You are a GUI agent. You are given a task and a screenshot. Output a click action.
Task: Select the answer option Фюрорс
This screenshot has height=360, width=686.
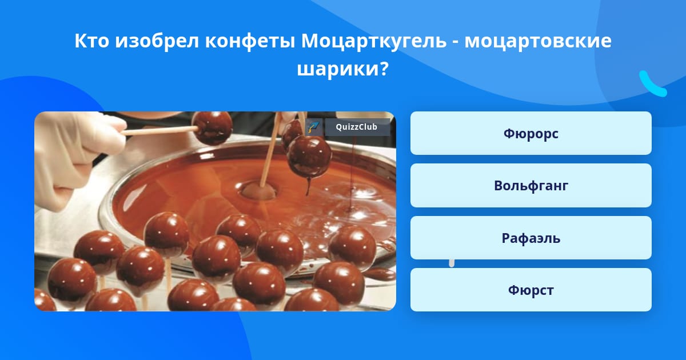tap(531, 133)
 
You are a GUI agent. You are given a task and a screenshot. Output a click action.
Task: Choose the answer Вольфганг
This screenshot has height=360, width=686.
tap(531, 186)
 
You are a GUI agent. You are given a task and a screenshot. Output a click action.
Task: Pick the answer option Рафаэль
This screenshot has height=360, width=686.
tap(531, 238)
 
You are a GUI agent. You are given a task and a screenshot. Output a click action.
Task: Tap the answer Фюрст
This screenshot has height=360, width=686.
tap(531, 290)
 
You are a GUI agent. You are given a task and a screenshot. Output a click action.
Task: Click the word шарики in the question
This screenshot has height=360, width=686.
tap(338, 69)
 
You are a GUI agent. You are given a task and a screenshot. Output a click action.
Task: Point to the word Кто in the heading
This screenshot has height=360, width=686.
tap(91, 41)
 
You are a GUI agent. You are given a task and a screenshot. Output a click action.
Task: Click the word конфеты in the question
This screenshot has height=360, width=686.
tap(250, 41)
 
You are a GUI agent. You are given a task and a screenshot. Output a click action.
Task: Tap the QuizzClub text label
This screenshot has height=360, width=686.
tap(356, 127)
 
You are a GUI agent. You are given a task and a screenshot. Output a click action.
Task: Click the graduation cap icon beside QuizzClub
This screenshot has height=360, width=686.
tap(314, 127)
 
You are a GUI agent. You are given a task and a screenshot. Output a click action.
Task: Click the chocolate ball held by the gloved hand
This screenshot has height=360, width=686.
tap(212, 127)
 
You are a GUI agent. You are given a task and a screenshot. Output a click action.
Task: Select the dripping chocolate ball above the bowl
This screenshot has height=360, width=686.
tap(309, 157)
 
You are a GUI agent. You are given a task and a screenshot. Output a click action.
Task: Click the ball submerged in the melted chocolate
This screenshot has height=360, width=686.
tap(259, 190)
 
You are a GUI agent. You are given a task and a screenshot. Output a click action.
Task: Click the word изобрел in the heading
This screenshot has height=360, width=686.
tap(157, 41)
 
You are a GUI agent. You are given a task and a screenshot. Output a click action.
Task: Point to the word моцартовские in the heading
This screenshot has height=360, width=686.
tap(538, 41)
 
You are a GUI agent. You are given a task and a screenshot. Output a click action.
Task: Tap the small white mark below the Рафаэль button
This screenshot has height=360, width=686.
tap(452, 263)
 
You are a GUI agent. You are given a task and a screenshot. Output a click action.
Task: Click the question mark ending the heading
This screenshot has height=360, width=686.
tap(385, 68)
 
